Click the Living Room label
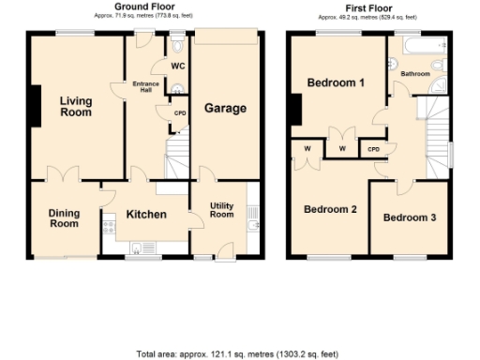click(76, 106)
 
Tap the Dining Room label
click(65, 217)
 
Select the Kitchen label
click(146, 215)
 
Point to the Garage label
click(225, 108)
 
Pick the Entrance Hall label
click(145, 84)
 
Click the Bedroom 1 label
click(336, 83)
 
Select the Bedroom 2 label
click(329, 209)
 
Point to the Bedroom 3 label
click(410, 217)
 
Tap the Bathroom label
click(415, 73)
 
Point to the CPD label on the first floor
click(373, 148)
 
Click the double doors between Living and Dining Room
click(63, 175)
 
